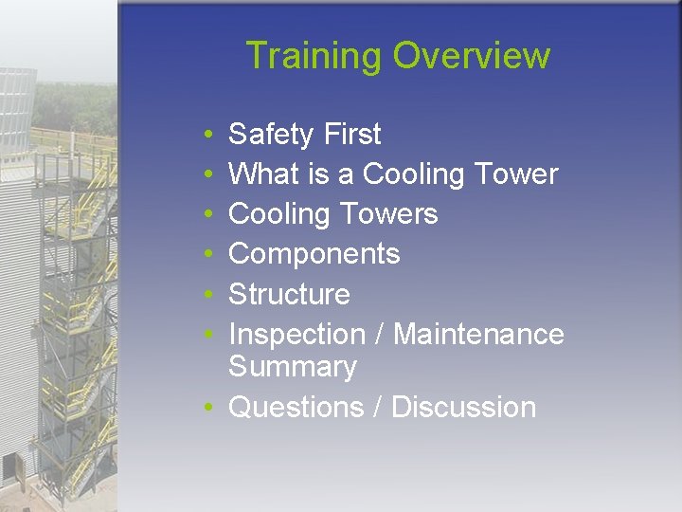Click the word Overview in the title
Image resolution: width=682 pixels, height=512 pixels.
click(471, 56)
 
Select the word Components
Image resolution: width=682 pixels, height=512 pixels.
click(314, 254)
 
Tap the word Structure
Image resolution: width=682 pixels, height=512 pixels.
click(289, 294)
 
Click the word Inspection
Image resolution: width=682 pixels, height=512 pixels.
click(296, 334)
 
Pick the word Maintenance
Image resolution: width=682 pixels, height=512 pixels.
click(478, 334)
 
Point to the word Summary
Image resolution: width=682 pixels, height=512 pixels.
click(293, 367)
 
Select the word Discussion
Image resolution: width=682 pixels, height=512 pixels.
click(463, 407)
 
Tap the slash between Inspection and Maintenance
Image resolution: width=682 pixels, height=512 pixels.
click(379, 334)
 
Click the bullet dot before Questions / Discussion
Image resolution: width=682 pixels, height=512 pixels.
click(206, 409)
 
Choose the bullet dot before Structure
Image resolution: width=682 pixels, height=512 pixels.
click(206, 296)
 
